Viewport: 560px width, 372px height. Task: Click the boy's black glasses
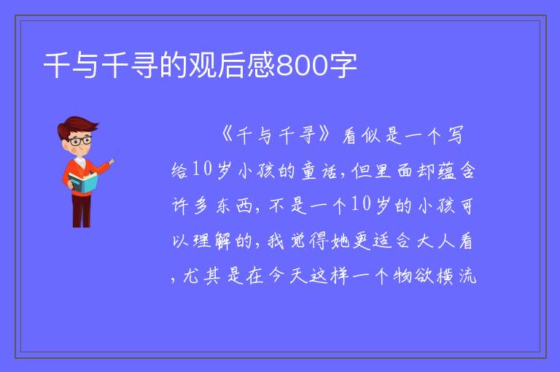(81, 141)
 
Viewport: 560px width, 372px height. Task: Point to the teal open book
(83, 182)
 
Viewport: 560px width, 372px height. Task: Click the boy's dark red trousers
(81, 210)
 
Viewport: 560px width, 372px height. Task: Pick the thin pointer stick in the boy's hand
(114, 157)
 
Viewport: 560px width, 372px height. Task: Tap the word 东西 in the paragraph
(234, 206)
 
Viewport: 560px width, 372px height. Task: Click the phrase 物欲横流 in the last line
(435, 276)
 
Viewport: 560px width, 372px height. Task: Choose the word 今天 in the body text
(287, 276)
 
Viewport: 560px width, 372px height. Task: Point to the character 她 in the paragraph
(340, 241)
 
